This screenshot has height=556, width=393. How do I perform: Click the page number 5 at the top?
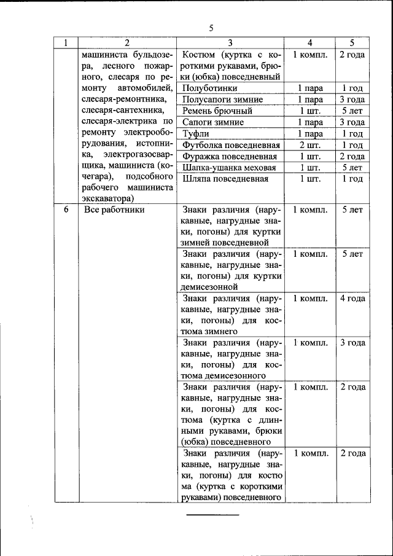211,28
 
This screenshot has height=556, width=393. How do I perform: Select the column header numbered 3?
230,42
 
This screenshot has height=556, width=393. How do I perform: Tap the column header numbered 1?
65,42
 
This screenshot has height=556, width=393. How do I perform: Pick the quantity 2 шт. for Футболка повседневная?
310,145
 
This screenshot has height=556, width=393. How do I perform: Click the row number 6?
65,209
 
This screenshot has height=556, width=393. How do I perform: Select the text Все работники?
114,209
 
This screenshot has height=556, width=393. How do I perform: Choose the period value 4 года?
352,298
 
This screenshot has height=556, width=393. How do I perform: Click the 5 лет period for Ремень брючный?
352,111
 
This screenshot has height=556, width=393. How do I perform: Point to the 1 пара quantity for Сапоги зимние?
310,122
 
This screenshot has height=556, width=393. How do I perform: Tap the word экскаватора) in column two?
107,198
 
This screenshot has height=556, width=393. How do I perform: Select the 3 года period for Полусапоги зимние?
352,100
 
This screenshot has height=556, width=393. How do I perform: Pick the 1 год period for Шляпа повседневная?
352,179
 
